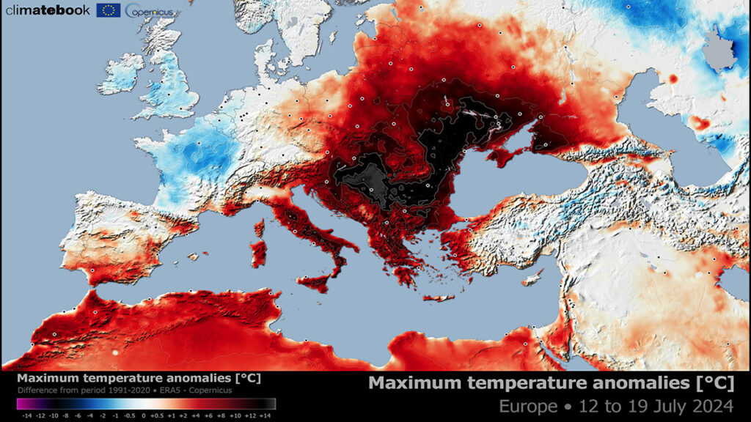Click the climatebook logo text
[48, 10]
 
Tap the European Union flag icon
[110, 10]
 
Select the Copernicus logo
[149, 10]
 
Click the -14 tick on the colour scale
[28, 415]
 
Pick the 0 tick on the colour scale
[144, 415]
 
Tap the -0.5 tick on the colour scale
[130, 415]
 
